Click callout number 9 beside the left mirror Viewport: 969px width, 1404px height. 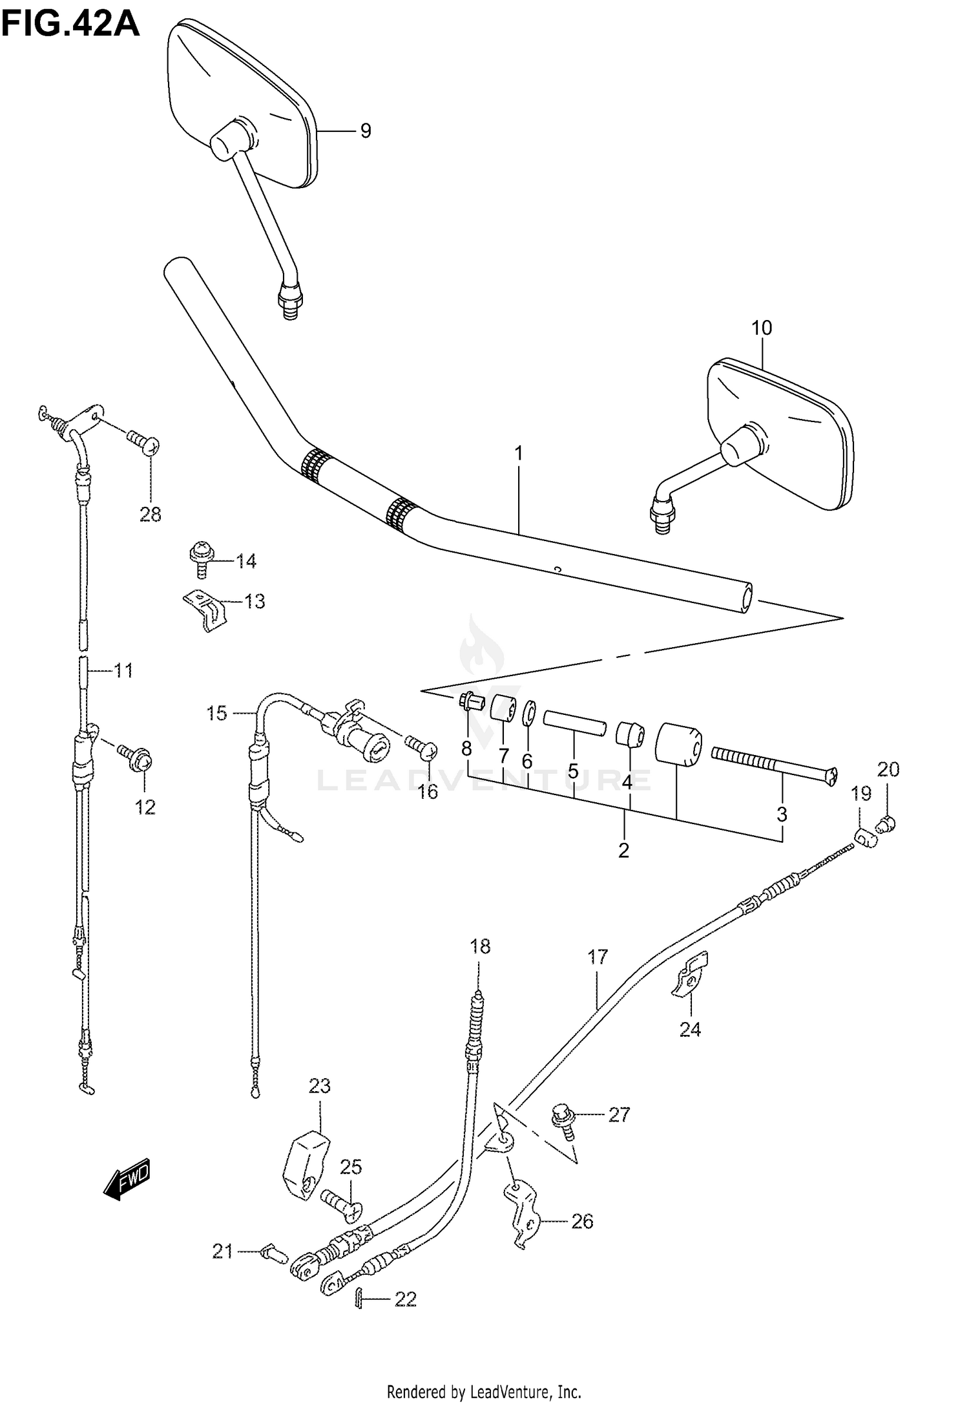coord(366,131)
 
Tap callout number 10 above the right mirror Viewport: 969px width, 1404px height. coord(762,328)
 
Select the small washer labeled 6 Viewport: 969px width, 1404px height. coord(528,714)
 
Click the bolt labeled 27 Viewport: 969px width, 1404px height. coord(561,1119)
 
